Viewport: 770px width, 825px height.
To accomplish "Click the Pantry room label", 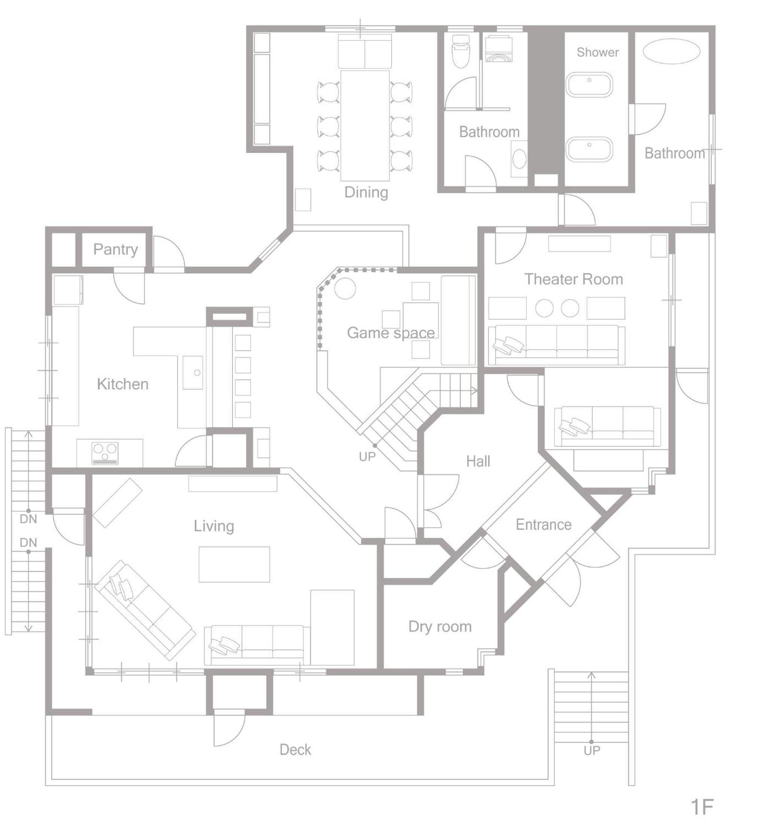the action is pyautogui.click(x=115, y=249).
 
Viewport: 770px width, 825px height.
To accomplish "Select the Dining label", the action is pyautogui.click(x=366, y=192).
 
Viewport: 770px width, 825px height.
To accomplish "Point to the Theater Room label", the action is pyautogui.click(x=573, y=279).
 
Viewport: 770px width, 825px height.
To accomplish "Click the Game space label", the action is pyautogui.click(x=390, y=332).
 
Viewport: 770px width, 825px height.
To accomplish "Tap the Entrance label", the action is pyautogui.click(x=543, y=525).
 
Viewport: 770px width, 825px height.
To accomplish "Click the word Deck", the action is pyautogui.click(x=295, y=749).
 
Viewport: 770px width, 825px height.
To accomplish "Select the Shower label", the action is pyautogui.click(x=597, y=52).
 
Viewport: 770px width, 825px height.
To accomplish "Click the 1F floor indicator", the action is pyautogui.click(x=701, y=807).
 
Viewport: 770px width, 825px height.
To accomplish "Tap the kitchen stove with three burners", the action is pyautogui.click(x=105, y=453).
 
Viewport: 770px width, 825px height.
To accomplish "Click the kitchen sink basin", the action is pyautogui.click(x=193, y=372).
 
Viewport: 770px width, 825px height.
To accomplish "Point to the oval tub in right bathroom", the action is pyautogui.click(x=671, y=51).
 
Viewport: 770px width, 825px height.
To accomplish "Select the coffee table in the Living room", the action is pyautogui.click(x=234, y=564).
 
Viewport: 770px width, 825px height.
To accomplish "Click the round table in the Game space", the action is pyautogui.click(x=345, y=288).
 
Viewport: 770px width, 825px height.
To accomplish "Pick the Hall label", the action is pyautogui.click(x=478, y=461).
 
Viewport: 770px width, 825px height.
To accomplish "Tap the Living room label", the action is pyautogui.click(x=213, y=526).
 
